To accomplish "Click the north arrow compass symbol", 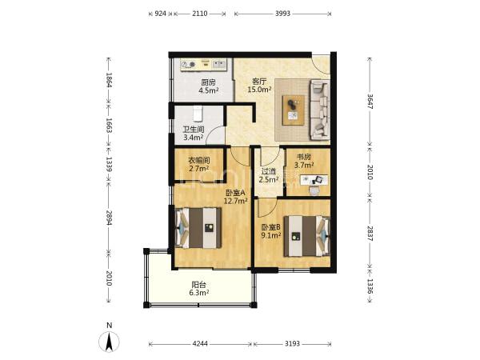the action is [x=109, y=342].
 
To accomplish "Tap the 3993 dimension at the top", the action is [x=282, y=14].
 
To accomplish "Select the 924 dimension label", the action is [x=161, y=14].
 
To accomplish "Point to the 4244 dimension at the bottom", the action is [x=200, y=344].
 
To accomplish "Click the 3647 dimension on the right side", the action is [x=370, y=101].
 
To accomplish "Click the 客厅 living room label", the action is [x=259, y=82].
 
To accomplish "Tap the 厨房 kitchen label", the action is [x=208, y=82].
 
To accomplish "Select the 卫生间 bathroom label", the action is [x=194, y=130].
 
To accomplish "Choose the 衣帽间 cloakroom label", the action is [x=198, y=161].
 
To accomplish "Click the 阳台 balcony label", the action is [x=198, y=285].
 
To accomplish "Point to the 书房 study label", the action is [x=303, y=157].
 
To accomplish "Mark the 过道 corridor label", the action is [x=269, y=172].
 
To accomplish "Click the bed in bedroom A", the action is [x=198, y=228].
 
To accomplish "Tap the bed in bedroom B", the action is [x=306, y=236].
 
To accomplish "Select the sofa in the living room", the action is [x=320, y=110].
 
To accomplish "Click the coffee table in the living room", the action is [x=294, y=110].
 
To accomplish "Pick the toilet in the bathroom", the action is [x=198, y=114].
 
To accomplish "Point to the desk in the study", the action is [x=314, y=180].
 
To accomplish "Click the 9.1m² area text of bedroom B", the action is [x=271, y=235].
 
